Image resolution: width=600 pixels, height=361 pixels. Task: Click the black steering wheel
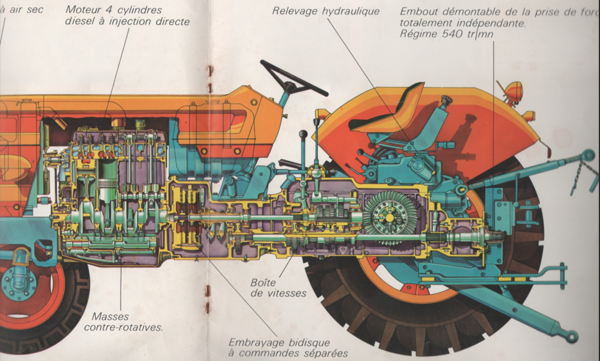(x=294, y=78)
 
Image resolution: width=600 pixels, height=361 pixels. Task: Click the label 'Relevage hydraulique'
(x=326, y=11)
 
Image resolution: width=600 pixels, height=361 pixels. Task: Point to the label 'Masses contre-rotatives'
(x=123, y=322)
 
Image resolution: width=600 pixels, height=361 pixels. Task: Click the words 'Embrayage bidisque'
(x=279, y=342)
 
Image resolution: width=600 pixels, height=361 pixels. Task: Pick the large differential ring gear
(x=390, y=218)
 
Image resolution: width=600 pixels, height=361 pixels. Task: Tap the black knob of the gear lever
(x=303, y=135)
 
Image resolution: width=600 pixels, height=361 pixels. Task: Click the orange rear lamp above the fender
(x=514, y=91)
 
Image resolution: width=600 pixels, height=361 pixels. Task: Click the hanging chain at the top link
(x=577, y=174)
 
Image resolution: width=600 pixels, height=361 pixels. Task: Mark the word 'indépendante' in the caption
(x=493, y=23)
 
